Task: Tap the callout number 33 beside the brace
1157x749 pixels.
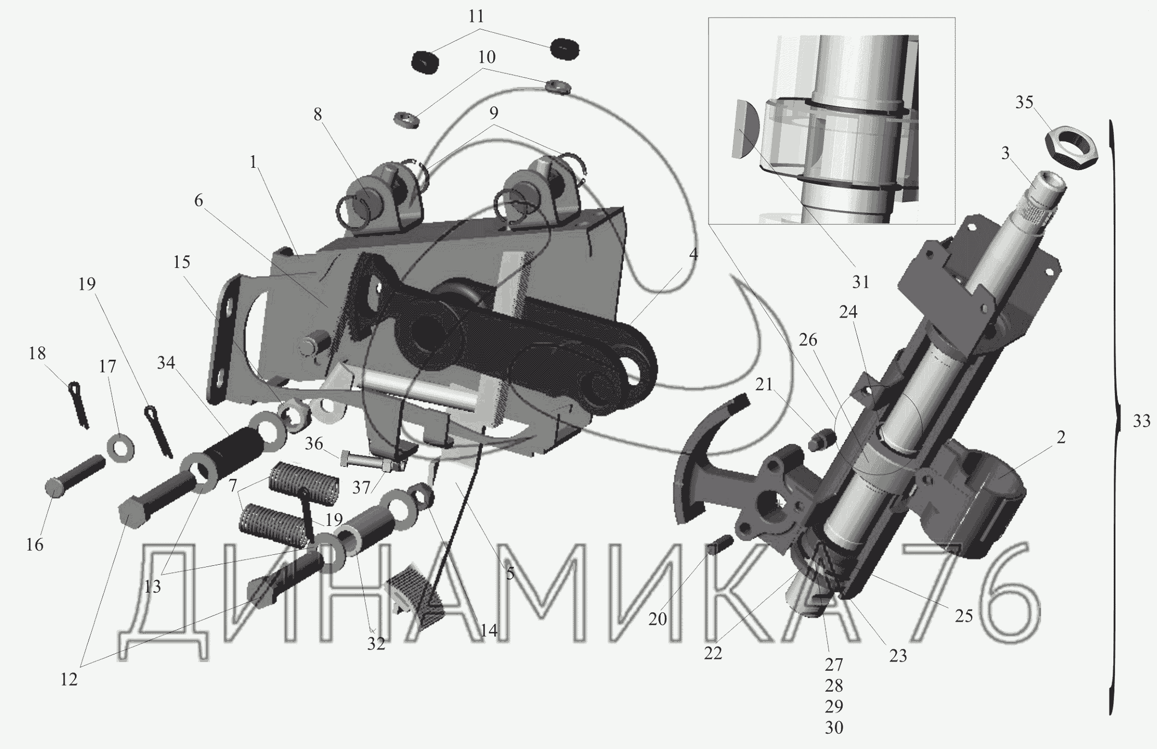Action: click(1141, 421)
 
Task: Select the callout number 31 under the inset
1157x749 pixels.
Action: click(861, 282)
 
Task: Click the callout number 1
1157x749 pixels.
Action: click(253, 162)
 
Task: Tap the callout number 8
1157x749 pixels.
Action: click(318, 114)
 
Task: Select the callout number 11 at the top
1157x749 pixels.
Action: click(476, 15)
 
